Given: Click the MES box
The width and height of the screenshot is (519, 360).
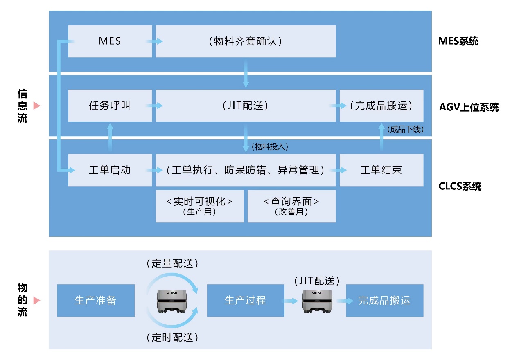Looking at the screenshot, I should (110, 41).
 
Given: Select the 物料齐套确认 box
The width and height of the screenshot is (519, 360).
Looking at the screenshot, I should (246, 41).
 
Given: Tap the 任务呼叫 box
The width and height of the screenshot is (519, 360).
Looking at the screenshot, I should (110, 106).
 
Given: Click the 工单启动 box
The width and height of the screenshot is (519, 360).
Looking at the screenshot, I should (110, 170).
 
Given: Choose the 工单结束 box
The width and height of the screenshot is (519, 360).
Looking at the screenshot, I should (381, 170).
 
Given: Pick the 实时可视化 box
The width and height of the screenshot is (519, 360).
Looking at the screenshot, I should (199, 206).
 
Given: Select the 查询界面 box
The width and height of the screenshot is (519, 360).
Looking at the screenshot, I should (291, 206).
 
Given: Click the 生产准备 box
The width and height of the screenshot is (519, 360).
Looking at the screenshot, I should (96, 300).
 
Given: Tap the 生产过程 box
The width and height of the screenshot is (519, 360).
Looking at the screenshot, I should (246, 300).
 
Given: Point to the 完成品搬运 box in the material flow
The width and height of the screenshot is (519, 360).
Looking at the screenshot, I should (384, 300).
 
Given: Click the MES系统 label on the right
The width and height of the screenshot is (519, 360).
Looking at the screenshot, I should (458, 41).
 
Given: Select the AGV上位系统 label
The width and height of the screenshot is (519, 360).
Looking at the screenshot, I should (469, 108).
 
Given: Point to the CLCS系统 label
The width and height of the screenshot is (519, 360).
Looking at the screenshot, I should (460, 187).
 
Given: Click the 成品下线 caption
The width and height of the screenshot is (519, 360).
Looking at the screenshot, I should (405, 129).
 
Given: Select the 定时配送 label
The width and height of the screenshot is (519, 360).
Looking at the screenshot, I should (172, 337).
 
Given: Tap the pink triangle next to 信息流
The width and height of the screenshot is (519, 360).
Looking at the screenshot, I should (36, 106).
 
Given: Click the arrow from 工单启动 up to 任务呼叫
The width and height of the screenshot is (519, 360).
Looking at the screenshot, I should (110, 137).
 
